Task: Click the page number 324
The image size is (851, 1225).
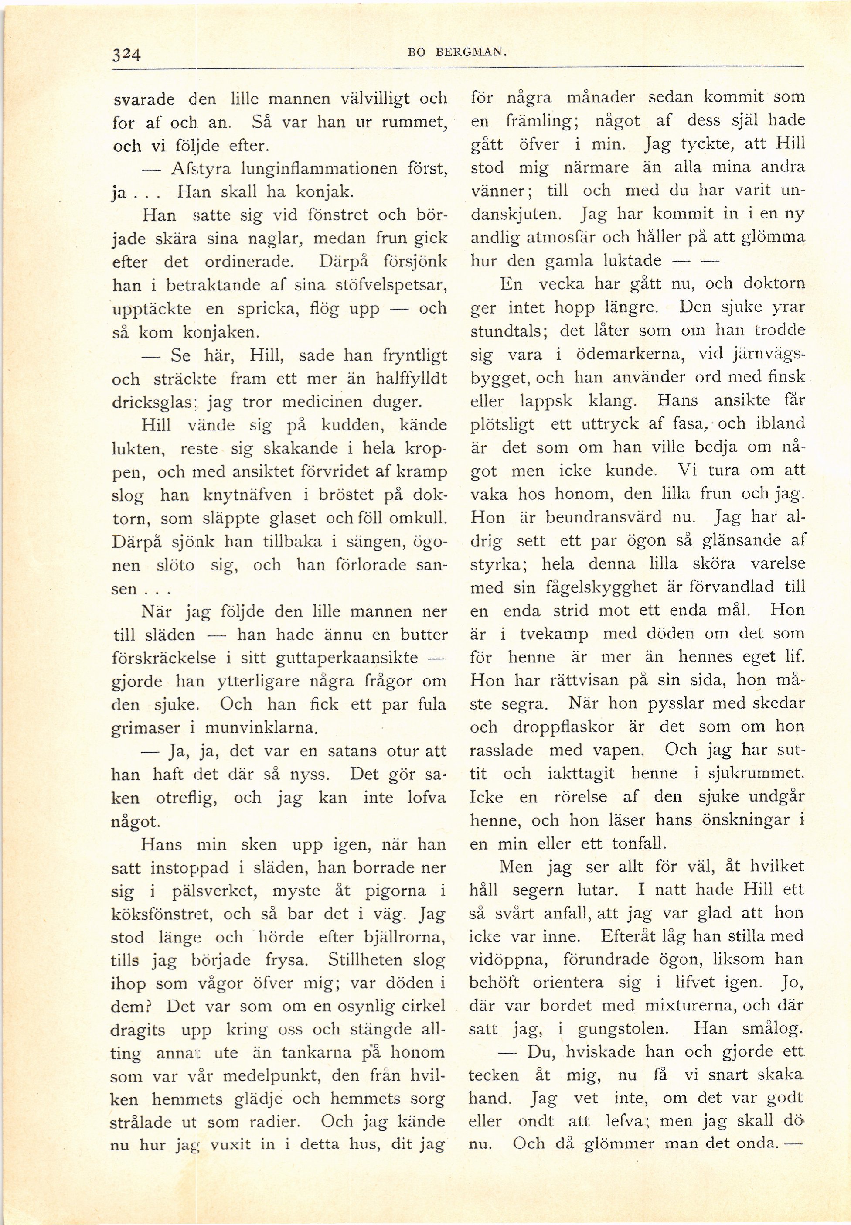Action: click(126, 55)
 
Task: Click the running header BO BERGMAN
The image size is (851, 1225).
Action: click(456, 52)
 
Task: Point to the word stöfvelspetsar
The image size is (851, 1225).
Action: click(394, 285)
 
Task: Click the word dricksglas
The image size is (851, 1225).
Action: click(151, 402)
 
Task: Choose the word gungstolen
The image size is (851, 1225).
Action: click(624, 1029)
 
